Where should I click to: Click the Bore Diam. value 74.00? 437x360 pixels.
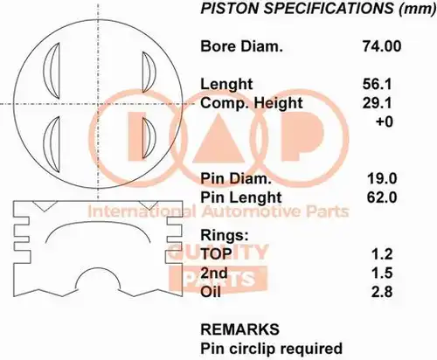click(382, 46)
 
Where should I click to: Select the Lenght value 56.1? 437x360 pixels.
click(377, 84)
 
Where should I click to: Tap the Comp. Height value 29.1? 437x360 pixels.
click(377, 103)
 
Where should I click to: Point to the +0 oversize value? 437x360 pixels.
click(385, 121)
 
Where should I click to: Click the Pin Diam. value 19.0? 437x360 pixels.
click(382, 178)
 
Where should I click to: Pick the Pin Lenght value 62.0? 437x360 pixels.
click(382, 197)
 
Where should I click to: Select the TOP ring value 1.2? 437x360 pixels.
click(382, 254)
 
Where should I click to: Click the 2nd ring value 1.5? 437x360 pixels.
click(382, 273)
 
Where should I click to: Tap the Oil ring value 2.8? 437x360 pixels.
click(382, 292)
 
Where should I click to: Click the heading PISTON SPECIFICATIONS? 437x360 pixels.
click(297, 9)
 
